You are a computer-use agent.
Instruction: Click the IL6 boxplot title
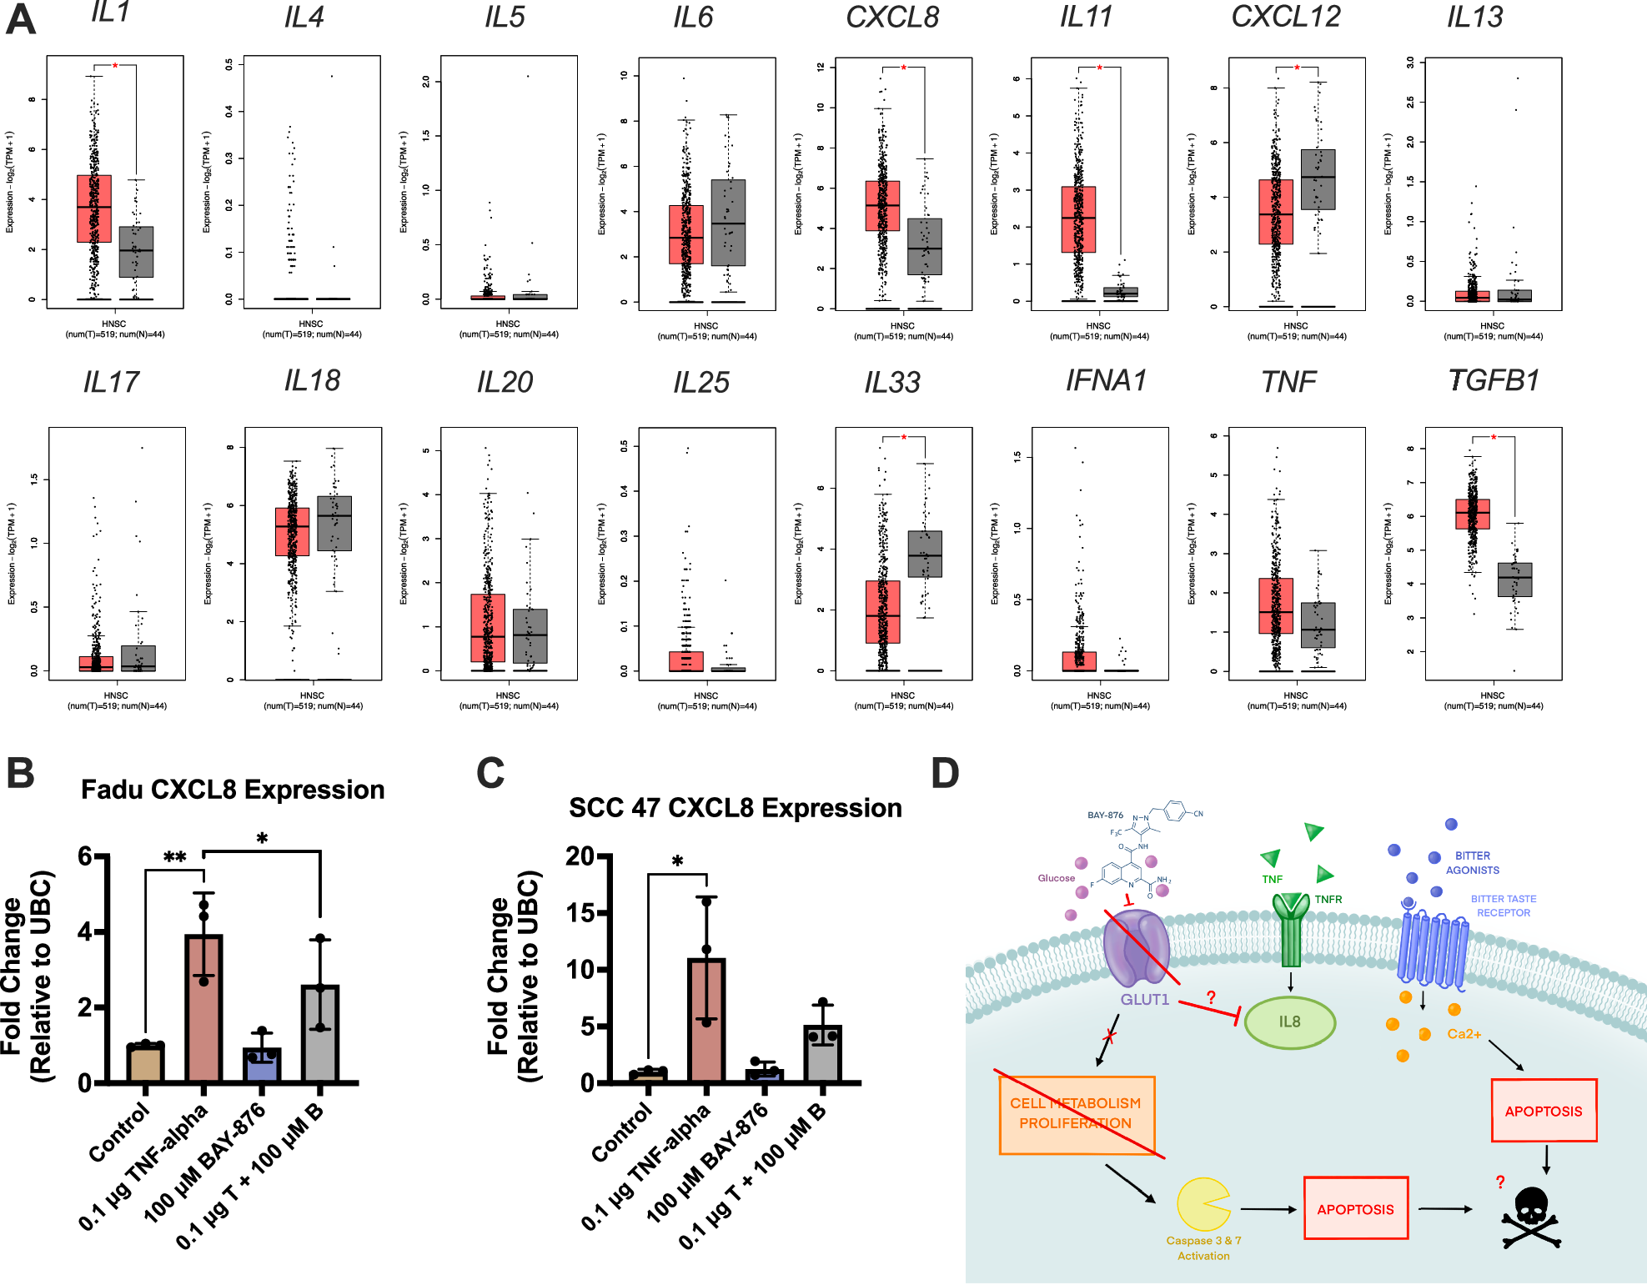(x=693, y=18)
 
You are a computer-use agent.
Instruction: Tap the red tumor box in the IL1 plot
(x=94, y=208)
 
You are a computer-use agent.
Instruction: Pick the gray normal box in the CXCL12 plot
(x=1318, y=179)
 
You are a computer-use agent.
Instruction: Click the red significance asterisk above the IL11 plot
(x=1099, y=68)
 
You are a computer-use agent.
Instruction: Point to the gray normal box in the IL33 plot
(x=925, y=554)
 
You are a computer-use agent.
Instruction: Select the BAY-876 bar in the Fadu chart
(x=262, y=1064)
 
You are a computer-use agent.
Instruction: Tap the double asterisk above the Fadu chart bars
(x=174, y=857)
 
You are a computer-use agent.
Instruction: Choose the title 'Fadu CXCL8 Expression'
(x=233, y=790)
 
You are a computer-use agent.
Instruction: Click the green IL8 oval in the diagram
(x=1289, y=1021)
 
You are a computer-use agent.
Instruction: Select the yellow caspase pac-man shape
(x=1202, y=1204)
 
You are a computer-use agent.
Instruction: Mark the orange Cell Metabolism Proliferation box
(x=1076, y=1114)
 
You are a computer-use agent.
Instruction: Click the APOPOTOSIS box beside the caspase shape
(x=1355, y=1208)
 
